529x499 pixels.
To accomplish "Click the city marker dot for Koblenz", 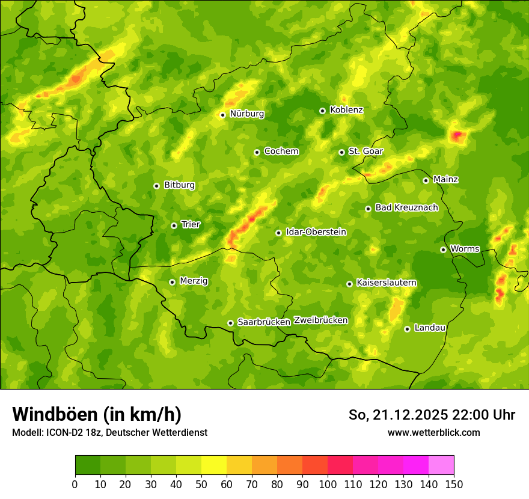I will point(322,111).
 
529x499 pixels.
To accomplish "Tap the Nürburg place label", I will point(246,114).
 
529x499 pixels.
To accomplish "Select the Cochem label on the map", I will point(281,152).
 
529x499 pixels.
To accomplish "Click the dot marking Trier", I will point(174,225).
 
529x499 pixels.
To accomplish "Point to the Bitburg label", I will point(179,185).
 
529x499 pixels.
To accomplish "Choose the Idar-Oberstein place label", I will point(316,232).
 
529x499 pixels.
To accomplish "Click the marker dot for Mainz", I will point(426,180).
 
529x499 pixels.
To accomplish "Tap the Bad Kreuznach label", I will point(406,208).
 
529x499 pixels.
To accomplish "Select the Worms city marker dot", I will point(443,249).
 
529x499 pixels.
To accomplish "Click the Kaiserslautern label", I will point(387,283).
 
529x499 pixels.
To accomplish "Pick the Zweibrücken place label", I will point(320,320).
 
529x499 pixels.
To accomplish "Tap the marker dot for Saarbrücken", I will point(230,323).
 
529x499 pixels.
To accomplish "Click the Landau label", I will point(430,328).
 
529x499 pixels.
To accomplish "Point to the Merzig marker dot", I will point(172,282).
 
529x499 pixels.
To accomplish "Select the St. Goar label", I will point(365,152).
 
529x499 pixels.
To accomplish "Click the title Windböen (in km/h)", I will point(96,414).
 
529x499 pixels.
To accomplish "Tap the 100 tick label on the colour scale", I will point(328,483).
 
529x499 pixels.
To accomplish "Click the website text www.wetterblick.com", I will point(433,433).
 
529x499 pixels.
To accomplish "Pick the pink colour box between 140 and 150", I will point(441,465).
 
